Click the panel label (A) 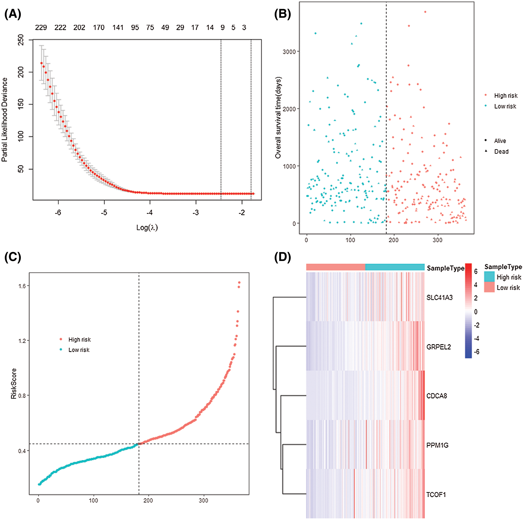pyautogui.click(x=13, y=14)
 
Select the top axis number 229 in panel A pyautogui.click(x=41, y=28)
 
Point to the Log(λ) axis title pyautogui.click(x=147, y=228)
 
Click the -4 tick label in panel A pyautogui.click(x=149, y=213)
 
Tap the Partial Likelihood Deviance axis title pyautogui.click(x=5, y=120)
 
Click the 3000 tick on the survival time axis pyautogui.click(x=289, y=52)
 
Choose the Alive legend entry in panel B pyautogui.click(x=500, y=141)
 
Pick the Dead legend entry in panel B pyautogui.click(x=501, y=152)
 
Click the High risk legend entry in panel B pyautogui.click(x=506, y=96)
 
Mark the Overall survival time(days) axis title pyautogui.click(x=278, y=117)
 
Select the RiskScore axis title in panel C pyautogui.click(x=14, y=383)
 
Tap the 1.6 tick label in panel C pyautogui.click(x=22, y=286)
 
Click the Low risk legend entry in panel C pyautogui.click(x=79, y=350)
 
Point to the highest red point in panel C pyautogui.click(x=239, y=283)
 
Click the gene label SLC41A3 pyautogui.click(x=439, y=298)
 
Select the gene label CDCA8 pyautogui.click(x=437, y=396)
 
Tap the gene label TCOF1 pyautogui.click(x=436, y=495)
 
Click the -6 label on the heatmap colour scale pyautogui.click(x=476, y=352)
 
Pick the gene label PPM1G pyautogui.click(x=437, y=445)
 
